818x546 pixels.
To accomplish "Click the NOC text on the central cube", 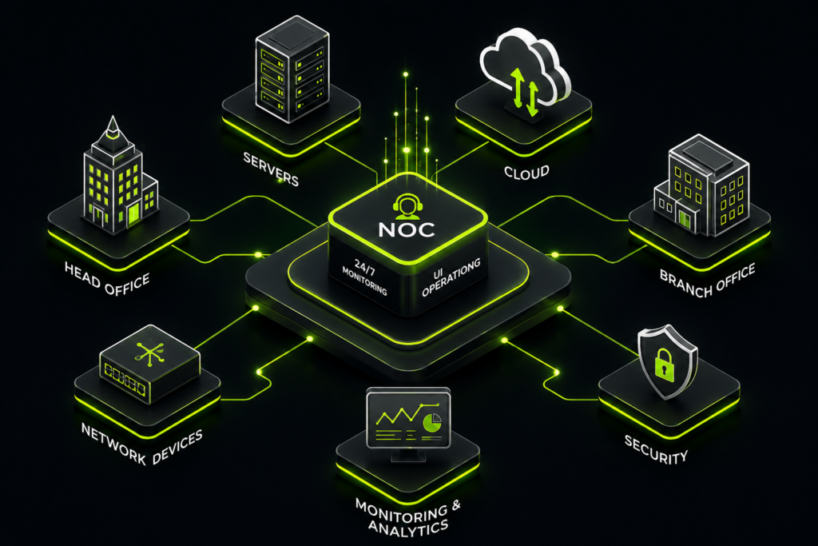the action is click(x=407, y=229).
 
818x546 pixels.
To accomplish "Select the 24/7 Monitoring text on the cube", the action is click(x=364, y=277).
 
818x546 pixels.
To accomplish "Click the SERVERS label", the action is click(x=271, y=169).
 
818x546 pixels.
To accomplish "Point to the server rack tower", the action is click(x=292, y=69).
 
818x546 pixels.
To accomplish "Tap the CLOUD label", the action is click(x=526, y=172).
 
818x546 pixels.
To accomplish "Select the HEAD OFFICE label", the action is click(x=107, y=279).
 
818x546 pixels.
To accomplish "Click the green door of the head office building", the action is click(x=134, y=215).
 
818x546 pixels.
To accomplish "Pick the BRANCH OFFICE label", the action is click(x=708, y=281).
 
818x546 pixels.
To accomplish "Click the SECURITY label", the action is click(x=656, y=450).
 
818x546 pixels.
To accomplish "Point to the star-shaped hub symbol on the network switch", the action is click(x=150, y=353).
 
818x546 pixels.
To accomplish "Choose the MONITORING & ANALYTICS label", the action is click(x=407, y=517).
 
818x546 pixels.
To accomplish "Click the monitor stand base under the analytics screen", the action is click(x=408, y=455).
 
